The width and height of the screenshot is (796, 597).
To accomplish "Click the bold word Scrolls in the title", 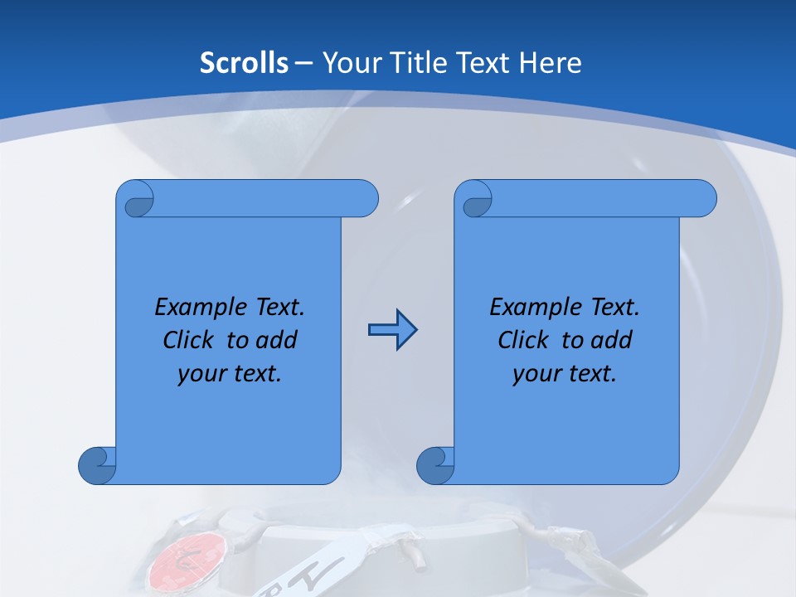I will point(244,62).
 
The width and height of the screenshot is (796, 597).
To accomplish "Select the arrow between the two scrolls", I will point(392,331).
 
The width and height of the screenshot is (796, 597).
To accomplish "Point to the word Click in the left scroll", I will point(192,340).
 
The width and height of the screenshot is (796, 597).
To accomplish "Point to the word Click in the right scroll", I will point(527,340).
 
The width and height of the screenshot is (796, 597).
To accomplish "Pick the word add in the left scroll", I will point(277,340).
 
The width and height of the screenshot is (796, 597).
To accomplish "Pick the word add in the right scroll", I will point(612,340).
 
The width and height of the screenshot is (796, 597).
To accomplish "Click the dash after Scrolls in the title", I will point(303,63).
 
